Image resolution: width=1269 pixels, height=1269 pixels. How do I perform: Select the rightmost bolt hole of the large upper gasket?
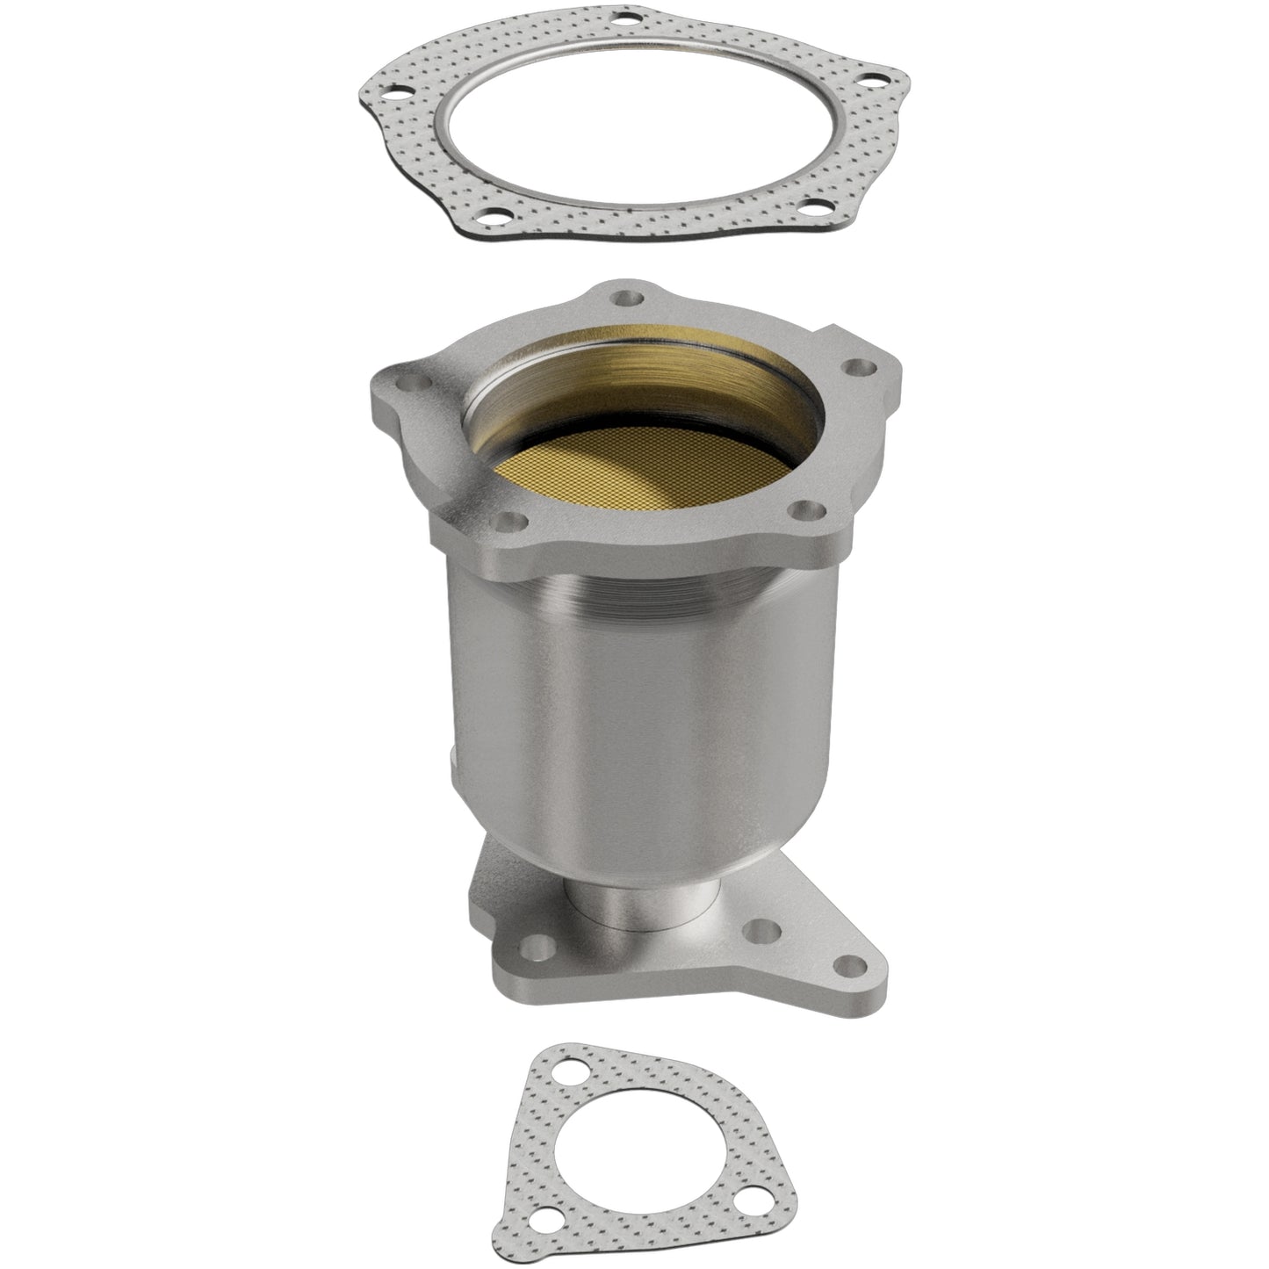873,80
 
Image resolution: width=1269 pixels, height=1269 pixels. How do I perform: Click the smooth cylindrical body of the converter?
615,703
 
